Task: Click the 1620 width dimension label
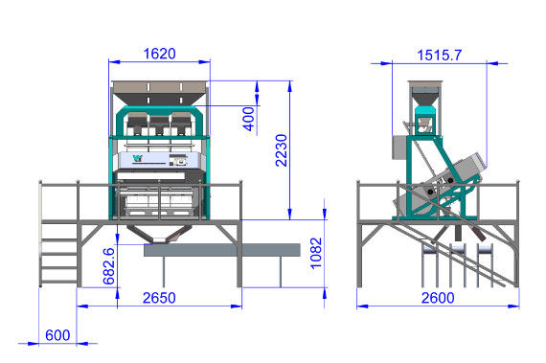coord(159,54)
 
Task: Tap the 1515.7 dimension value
coord(440,55)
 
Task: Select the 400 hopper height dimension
coord(249,119)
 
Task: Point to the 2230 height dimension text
coord(282,150)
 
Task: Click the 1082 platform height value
coord(316,253)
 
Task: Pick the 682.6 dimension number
coord(109,266)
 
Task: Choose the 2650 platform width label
coord(159,298)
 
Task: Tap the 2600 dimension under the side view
coord(438,298)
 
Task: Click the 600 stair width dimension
coord(57,335)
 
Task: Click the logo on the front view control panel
coord(138,158)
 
